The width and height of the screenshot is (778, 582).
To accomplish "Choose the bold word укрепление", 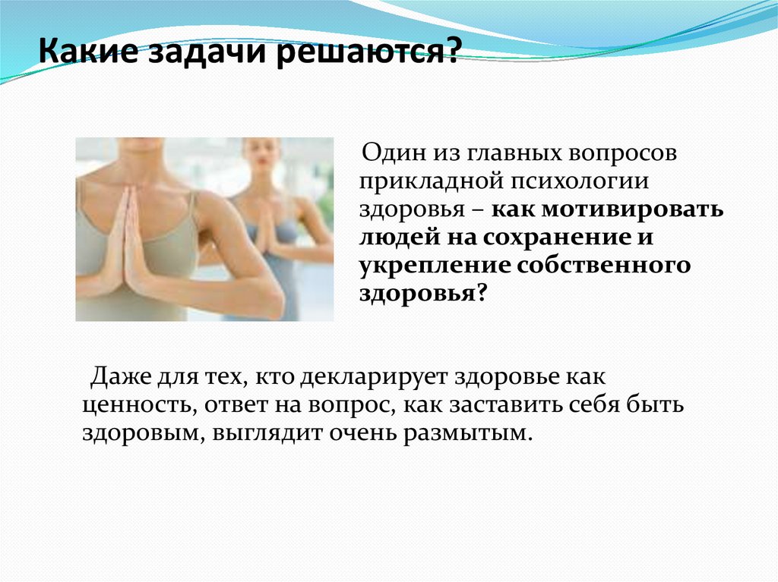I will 432,266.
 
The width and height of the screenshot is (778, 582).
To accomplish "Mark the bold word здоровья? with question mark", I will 421,294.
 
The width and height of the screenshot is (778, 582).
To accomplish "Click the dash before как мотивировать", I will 479,211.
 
